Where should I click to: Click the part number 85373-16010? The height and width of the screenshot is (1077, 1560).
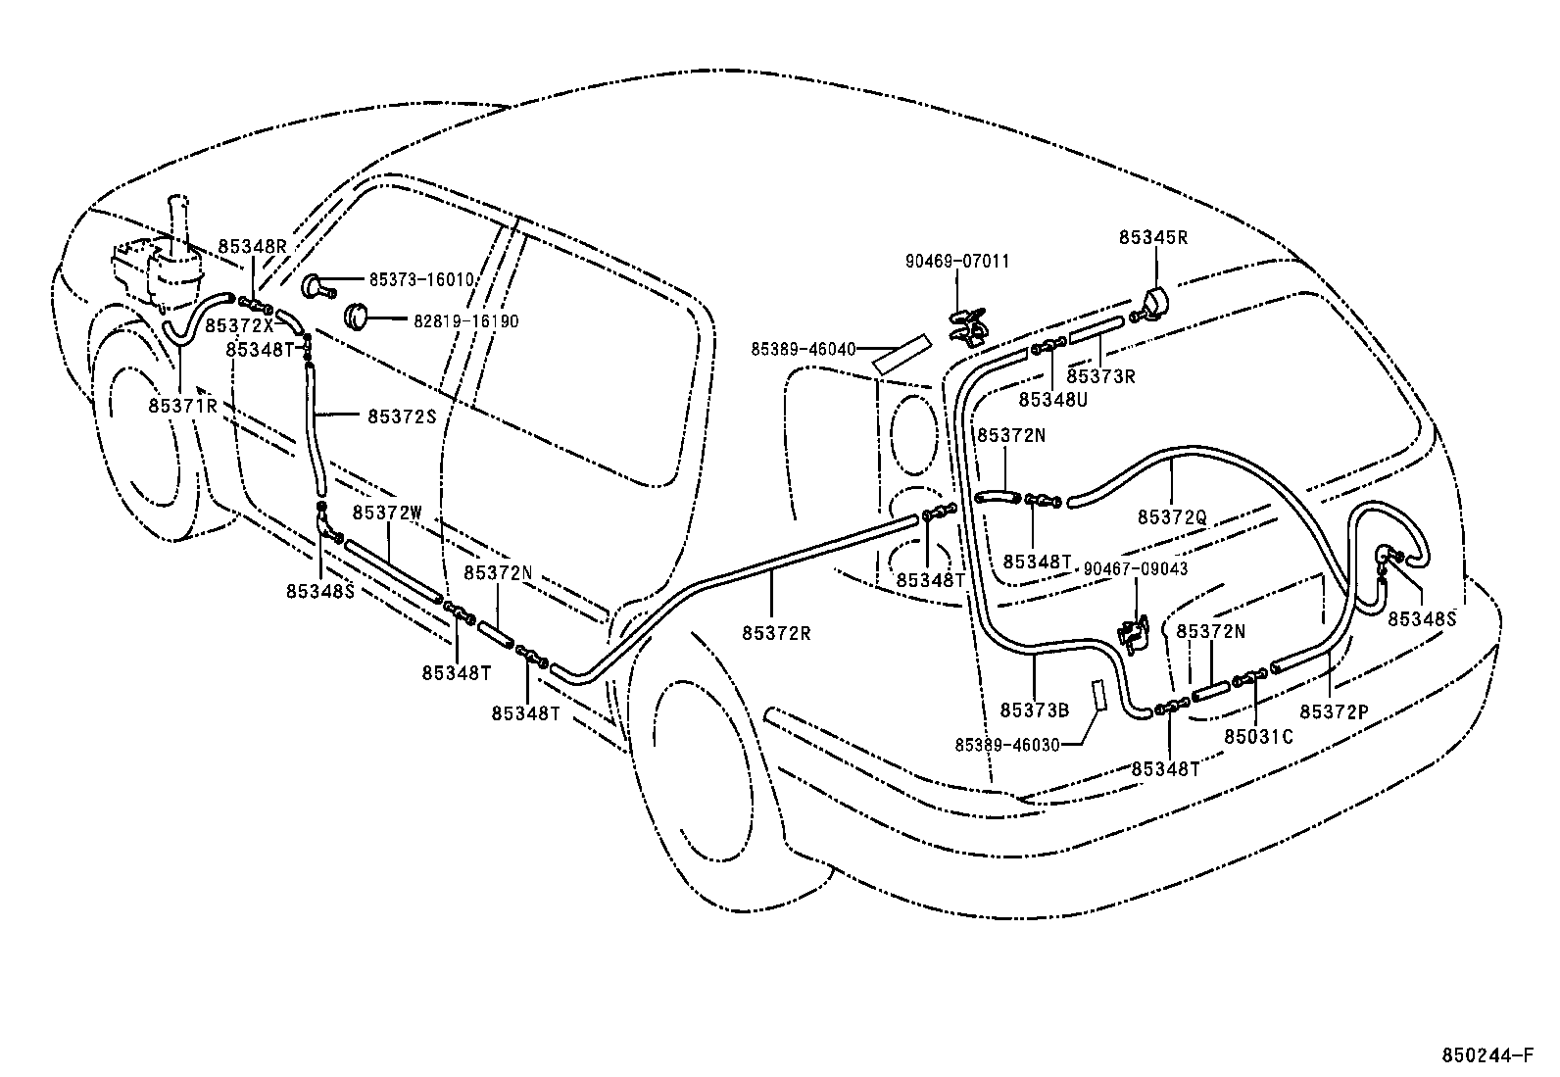[421, 279]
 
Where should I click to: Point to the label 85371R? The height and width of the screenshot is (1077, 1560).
[183, 405]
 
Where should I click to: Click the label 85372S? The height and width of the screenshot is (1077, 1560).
[401, 416]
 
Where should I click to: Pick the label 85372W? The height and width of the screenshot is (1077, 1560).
[387, 513]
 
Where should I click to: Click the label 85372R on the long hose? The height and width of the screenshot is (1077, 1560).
[776, 633]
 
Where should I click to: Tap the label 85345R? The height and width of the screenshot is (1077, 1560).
[1153, 237]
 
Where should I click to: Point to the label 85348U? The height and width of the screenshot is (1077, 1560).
[1053, 399]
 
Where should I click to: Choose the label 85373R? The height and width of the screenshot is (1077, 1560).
[1100, 376]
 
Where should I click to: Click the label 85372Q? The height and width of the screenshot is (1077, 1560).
[1172, 515]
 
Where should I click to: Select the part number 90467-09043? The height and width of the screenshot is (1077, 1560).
[1135, 569]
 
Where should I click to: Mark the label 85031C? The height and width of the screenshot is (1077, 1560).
[1258, 735]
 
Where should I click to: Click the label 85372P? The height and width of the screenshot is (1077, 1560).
[1334, 711]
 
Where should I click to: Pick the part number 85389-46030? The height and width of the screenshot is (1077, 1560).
[1007, 745]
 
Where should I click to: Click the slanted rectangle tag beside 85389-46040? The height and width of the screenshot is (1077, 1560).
[901, 355]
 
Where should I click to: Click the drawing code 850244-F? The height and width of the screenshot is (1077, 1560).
[1487, 1055]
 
